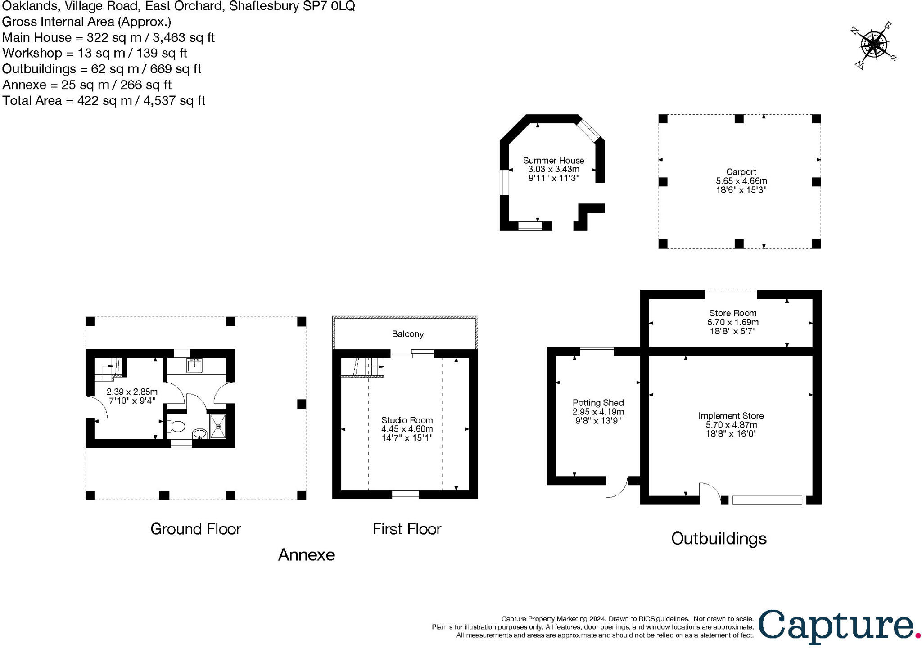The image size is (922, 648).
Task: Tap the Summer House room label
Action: tap(553, 160)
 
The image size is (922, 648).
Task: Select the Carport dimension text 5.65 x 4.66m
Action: tap(741, 181)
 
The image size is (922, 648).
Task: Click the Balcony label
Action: tap(407, 334)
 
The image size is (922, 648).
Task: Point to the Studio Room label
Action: tap(407, 420)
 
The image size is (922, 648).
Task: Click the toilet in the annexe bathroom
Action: tap(177, 426)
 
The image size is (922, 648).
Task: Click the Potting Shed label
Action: tap(598, 403)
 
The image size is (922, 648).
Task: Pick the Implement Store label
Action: tap(731, 416)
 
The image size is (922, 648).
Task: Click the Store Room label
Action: tap(732, 313)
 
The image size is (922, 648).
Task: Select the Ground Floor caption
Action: tap(195, 529)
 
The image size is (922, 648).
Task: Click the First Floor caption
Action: tap(407, 529)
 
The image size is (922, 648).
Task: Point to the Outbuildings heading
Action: tap(719, 539)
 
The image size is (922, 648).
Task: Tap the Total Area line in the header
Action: tap(104, 101)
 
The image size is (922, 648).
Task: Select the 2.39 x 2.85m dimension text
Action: tap(132, 392)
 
